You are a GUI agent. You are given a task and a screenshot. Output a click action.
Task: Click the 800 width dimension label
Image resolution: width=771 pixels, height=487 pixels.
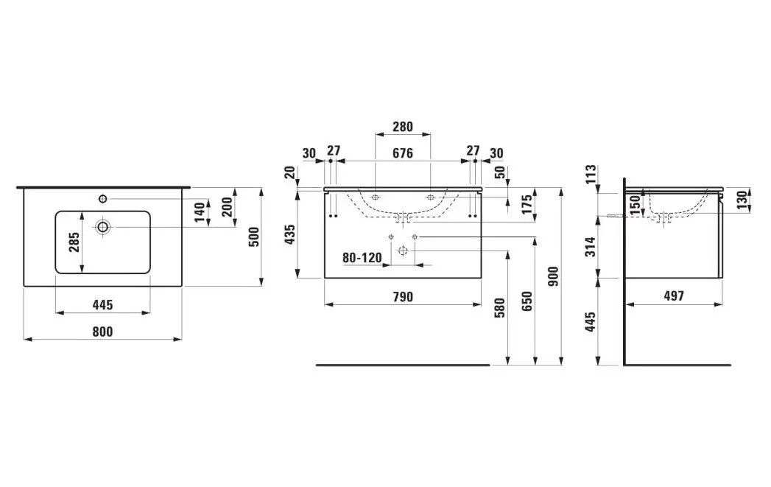tap(102, 332)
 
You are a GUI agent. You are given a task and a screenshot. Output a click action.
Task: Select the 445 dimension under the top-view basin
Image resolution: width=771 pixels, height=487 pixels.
tap(102, 305)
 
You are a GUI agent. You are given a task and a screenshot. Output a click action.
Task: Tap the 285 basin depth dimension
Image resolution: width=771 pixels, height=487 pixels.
tap(74, 242)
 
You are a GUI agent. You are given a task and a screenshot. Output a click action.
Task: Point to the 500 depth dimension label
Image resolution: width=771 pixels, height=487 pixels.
tap(254, 236)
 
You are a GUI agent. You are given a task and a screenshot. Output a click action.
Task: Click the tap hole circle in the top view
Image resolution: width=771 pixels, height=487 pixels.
tap(102, 198)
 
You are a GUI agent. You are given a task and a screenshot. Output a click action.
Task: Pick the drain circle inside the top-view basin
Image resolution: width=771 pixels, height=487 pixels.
tap(102, 227)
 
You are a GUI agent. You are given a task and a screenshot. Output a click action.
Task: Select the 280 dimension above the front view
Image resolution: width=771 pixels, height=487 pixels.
tap(402, 127)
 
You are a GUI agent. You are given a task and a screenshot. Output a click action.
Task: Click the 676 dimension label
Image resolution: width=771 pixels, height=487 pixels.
tap(402, 153)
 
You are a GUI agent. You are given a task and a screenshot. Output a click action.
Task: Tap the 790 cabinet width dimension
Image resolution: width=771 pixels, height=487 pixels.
tap(402, 297)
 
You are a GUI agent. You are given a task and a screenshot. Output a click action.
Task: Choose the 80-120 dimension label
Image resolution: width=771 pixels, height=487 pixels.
tap(362, 258)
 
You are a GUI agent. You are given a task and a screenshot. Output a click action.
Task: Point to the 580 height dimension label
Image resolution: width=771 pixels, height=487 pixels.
tap(501, 306)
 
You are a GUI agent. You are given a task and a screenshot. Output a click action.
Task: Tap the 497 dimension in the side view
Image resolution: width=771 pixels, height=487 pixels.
tap(673, 296)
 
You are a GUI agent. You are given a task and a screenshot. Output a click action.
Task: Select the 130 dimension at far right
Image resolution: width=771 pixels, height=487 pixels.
tap(742, 199)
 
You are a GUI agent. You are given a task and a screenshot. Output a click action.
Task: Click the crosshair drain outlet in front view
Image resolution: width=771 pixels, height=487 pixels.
tap(402, 250)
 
